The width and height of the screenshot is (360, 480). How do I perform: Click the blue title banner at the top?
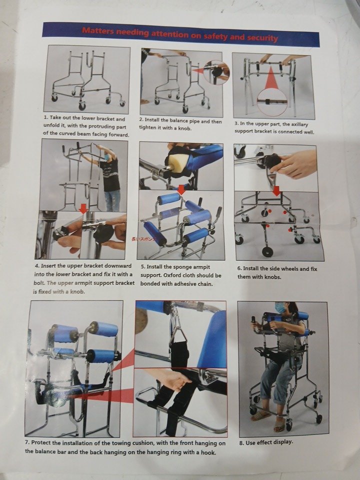180,34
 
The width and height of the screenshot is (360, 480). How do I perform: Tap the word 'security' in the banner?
262,37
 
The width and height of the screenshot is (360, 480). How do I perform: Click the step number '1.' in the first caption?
46,117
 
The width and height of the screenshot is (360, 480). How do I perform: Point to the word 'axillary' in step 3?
298,124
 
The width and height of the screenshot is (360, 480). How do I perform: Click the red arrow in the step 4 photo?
83,208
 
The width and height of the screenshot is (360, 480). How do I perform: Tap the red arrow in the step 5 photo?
181,189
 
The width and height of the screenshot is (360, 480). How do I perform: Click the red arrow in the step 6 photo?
276,190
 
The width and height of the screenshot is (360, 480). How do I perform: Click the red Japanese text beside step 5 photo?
144,239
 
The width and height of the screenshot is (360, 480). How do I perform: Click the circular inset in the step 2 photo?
216,72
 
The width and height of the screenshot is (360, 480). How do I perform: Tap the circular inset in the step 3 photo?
272,102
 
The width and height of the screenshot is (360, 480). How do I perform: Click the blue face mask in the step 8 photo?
280,308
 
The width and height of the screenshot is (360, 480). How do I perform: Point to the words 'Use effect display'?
268,442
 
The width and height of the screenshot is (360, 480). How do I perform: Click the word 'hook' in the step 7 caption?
208,452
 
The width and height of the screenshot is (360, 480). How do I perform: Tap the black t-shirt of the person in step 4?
110,175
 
